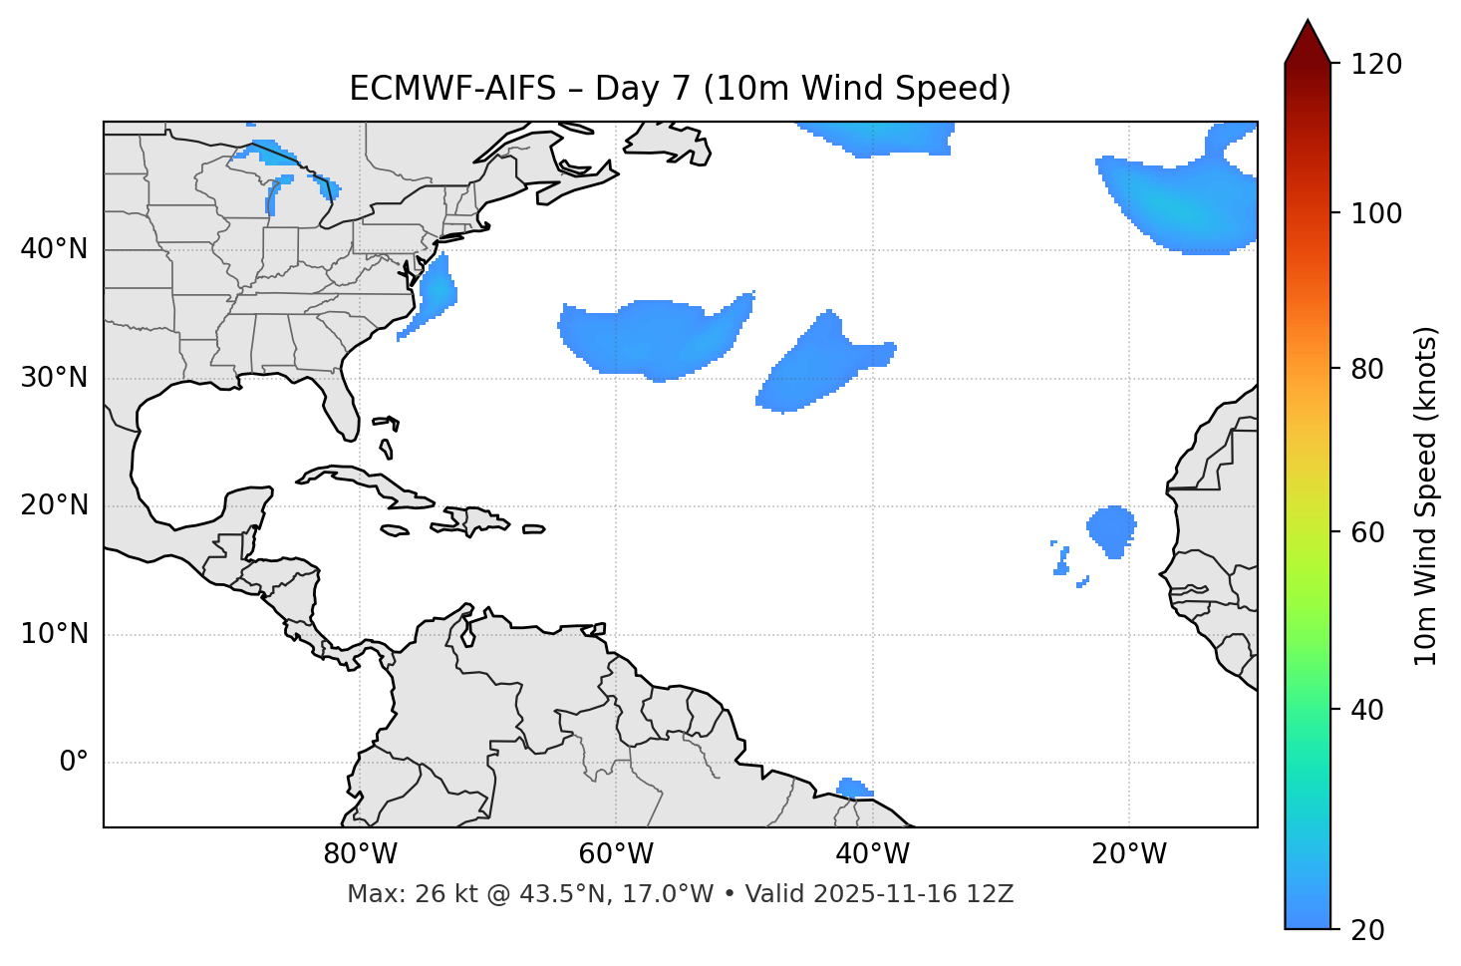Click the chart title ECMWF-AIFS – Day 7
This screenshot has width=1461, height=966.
click(680, 89)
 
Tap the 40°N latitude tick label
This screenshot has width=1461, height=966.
click(54, 249)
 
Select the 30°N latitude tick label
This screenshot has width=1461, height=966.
click(54, 378)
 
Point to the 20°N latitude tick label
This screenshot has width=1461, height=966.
click(54, 505)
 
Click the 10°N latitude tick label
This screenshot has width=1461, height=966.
click(54, 634)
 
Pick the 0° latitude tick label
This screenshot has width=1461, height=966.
click(74, 763)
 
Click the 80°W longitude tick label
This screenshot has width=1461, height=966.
click(360, 854)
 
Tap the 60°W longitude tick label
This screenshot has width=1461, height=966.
click(616, 854)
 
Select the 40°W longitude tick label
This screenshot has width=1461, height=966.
click(872, 854)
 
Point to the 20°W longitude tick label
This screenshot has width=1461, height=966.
click(1128, 854)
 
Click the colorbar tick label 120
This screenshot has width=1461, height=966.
click(1376, 65)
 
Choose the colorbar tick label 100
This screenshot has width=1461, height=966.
click(1376, 213)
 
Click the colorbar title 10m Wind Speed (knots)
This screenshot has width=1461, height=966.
click(1426, 495)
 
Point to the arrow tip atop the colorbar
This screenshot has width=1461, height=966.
click(1308, 22)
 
